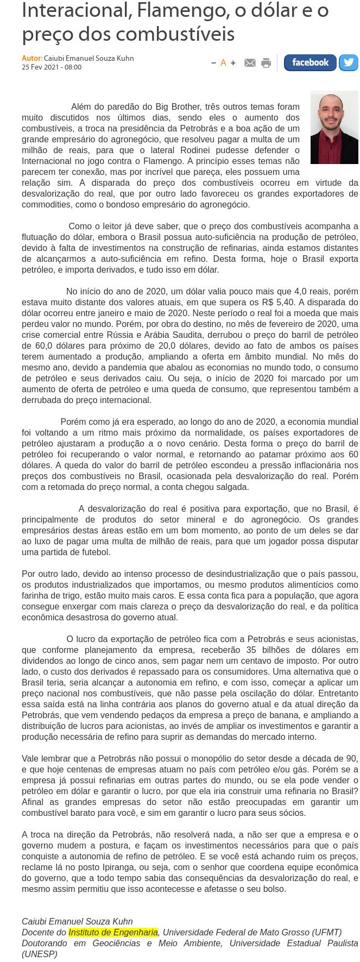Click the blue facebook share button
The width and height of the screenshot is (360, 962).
pyautogui.click(x=310, y=62)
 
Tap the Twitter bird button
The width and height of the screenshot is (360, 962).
pyautogui.click(x=349, y=62)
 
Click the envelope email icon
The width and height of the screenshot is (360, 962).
pyautogui.click(x=250, y=63)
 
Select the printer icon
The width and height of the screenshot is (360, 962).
pyautogui.click(x=266, y=63)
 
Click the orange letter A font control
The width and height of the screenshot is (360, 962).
pyautogui.click(x=223, y=63)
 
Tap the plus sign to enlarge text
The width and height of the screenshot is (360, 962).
pyautogui.click(x=233, y=63)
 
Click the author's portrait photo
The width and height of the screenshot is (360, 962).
pyautogui.click(x=334, y=128)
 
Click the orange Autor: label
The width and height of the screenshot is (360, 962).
pyautogui.click(x=31, y=58)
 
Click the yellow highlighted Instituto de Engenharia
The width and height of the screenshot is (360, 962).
pyautogui.click(x=113, y=932)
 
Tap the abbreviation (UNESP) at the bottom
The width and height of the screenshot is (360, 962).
pyautogui.click(x=39, y=954)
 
